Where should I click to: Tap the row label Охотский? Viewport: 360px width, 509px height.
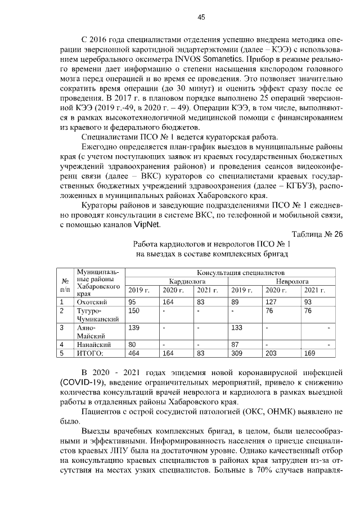[x=92, y=302]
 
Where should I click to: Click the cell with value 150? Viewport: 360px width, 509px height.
[x=134, y=310]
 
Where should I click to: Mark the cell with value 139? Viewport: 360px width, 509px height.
[x=134, y=327]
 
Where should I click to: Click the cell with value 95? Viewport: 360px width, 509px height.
[x=132, y=302]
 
